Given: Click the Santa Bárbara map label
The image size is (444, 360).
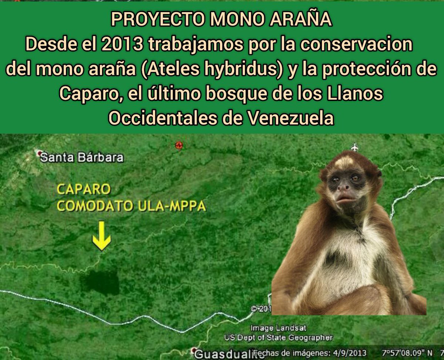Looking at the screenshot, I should click(81, 157).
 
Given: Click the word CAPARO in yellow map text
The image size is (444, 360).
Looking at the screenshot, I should click(83, 189).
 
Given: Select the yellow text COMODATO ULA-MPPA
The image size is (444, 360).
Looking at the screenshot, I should click(131, 206).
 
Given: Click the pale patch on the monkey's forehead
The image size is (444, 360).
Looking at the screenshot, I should click(344, 162).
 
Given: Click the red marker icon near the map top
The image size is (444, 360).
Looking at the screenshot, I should click(179, 145).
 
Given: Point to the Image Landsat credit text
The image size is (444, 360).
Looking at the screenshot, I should click(278, 328).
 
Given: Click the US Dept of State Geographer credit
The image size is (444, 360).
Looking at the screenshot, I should click(278, 337).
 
